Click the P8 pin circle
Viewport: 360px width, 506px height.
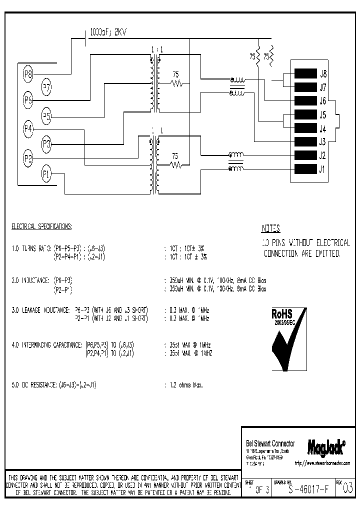(x=28, y=75)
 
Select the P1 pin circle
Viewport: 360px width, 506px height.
(x=46, y=174)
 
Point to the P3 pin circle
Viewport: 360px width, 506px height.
(x=46, y=145)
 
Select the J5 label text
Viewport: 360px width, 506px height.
(x=323, y=114)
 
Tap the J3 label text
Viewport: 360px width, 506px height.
(x=323, y=141)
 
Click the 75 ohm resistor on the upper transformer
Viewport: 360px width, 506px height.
(x=176, y=83)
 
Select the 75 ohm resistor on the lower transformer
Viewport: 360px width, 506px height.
(x=175, y=163)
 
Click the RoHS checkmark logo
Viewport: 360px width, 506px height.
(x=288, y=339)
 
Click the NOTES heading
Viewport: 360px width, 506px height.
(x=270, y=229)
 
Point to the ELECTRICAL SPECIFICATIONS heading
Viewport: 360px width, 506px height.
(x=41, y=226)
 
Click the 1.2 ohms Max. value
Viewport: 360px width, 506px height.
(x=185, y=385)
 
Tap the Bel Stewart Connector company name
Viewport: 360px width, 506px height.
(x=270, y=444)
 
